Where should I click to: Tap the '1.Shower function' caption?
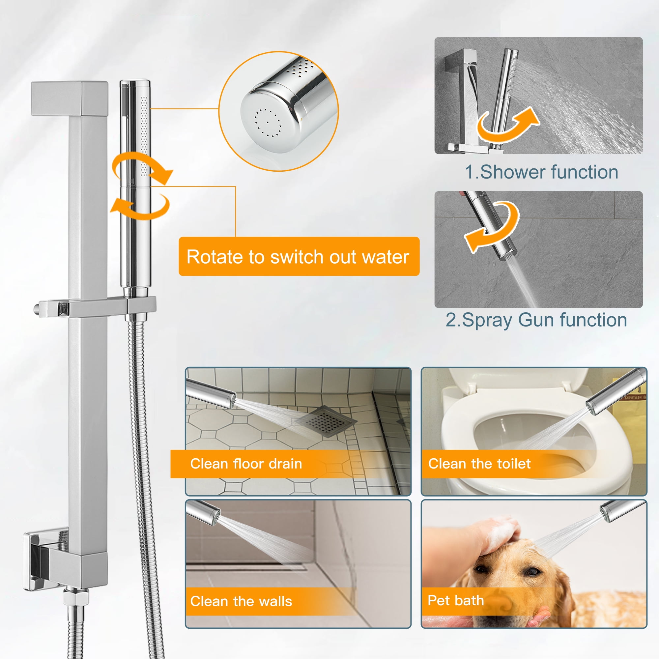pos(541,172)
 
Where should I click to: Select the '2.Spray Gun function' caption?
pos(536,320)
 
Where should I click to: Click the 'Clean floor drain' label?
pos(246,464)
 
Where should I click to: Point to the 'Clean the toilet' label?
pos(479,464)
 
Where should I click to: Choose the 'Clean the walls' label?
pos(241,601)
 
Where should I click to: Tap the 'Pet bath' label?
pos(456,600)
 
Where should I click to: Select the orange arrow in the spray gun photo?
pos(491,227)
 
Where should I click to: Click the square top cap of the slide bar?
pos(70,98)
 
